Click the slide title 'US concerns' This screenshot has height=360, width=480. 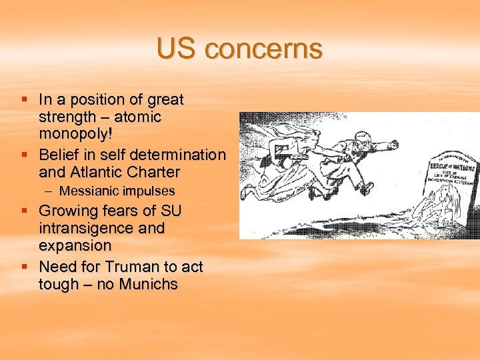[x=239, y=49]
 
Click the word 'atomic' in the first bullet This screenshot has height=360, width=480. [x=137, y=117]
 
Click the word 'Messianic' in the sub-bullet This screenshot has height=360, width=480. [x=88, y=191]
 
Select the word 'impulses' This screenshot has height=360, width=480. [x=147, y=191]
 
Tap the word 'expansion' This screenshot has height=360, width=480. [x=75, y=245]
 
